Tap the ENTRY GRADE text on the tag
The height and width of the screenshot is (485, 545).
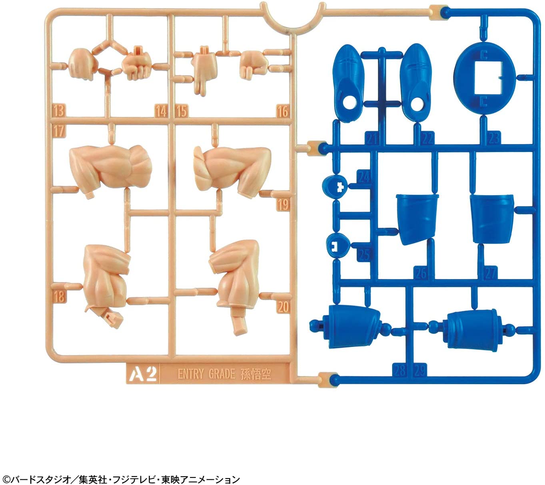206,374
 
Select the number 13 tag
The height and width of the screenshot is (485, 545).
58,110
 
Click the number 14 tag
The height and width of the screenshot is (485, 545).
161,111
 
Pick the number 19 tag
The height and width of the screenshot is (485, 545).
283,204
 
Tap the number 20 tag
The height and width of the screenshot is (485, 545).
283,307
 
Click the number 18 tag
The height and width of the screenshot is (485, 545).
59,297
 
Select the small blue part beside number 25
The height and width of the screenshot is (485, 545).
338,245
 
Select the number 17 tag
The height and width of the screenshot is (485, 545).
58,130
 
